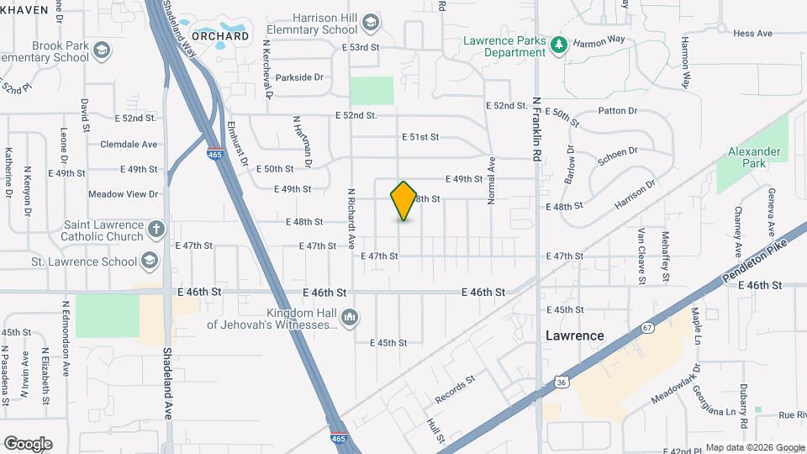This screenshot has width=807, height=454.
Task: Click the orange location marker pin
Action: click(x=404, y=201)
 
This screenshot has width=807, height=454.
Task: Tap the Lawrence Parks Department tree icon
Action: click(x=557, y=44)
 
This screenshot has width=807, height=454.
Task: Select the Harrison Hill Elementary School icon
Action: click(x=370, y=22)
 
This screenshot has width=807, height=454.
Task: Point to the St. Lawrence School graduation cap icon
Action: click(x=150, y=261)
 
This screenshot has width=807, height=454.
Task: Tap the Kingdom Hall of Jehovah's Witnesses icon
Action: click(x=351, y=317)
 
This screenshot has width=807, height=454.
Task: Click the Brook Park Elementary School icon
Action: click(x=102, y=51)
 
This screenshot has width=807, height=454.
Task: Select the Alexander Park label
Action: click(x=755, y=157)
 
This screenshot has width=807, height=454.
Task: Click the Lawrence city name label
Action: click(x=574, y=335)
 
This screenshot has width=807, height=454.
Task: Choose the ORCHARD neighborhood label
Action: click(x=220, y=36)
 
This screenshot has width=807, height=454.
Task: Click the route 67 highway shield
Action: click(x=646, y=326)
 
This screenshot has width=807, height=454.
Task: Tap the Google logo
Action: click(x=28, y=443)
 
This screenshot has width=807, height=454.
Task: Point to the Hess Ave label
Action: click(x=752, y=34)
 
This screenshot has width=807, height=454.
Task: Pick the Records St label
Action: click(x=455, y=387)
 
